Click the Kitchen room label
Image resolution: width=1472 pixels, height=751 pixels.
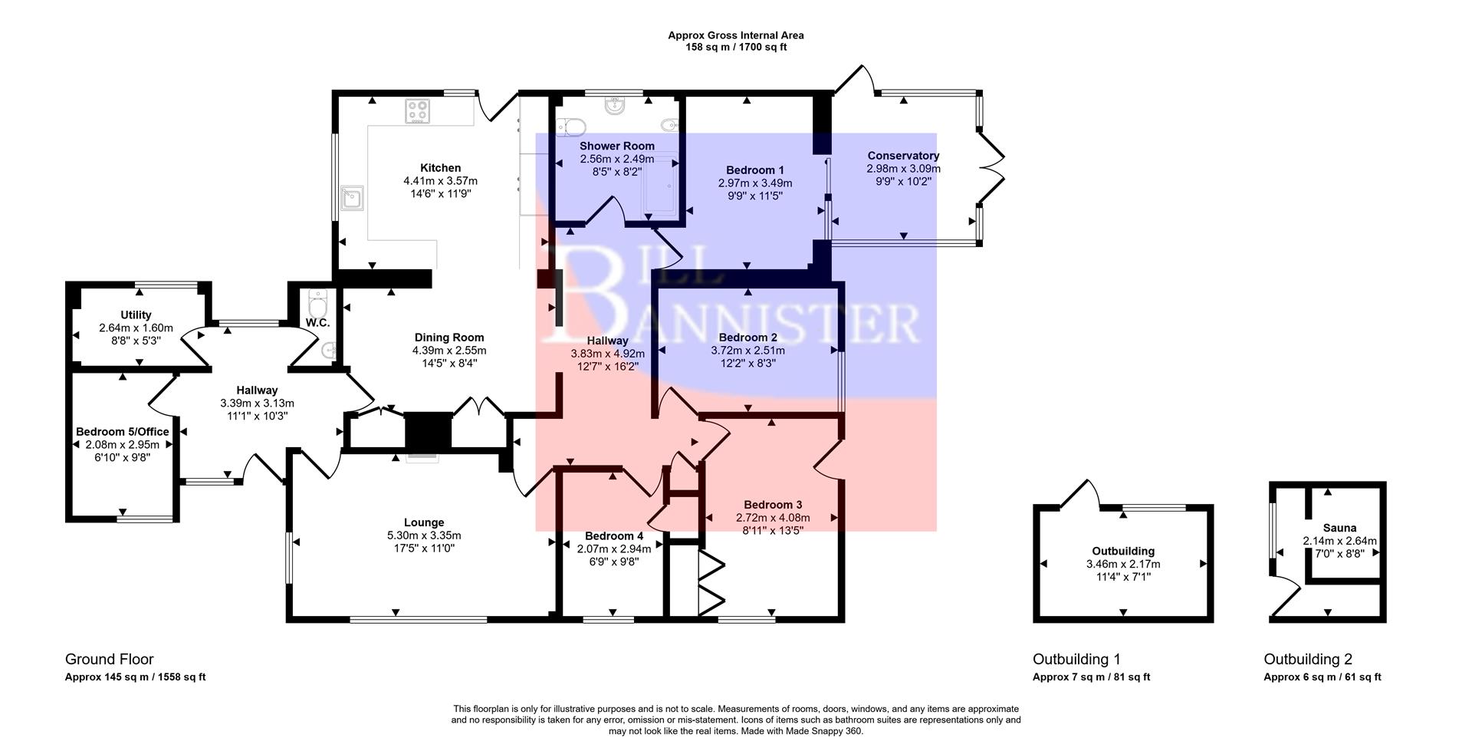coord(440,168)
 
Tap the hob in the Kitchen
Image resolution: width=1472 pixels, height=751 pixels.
coord(418,111)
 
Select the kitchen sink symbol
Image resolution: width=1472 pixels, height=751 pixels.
coord(353,198)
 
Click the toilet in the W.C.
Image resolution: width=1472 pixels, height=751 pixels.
coord(317,298)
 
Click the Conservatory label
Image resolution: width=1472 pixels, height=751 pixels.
coord(903,156)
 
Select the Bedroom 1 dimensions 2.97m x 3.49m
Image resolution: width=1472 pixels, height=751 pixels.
coord(754,183)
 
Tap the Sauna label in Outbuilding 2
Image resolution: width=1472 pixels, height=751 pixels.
coord(1339,528)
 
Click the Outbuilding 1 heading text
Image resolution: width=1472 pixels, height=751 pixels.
coord(1076,659)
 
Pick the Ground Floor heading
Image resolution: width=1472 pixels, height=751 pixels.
coord(109,659)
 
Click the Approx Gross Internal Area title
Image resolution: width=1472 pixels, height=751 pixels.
coord(735,35)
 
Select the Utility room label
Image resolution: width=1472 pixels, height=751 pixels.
coord(136,315)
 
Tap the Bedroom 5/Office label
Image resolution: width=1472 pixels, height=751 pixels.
coord(122,432)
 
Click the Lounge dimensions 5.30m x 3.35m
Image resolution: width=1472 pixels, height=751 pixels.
coord(424,535)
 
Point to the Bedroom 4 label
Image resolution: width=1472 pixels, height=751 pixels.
coord(613,535)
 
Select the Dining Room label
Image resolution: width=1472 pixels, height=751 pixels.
coord(449,338)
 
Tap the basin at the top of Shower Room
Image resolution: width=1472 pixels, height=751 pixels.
coord(616,106)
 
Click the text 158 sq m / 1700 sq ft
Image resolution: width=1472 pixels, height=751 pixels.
coord(735,47)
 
